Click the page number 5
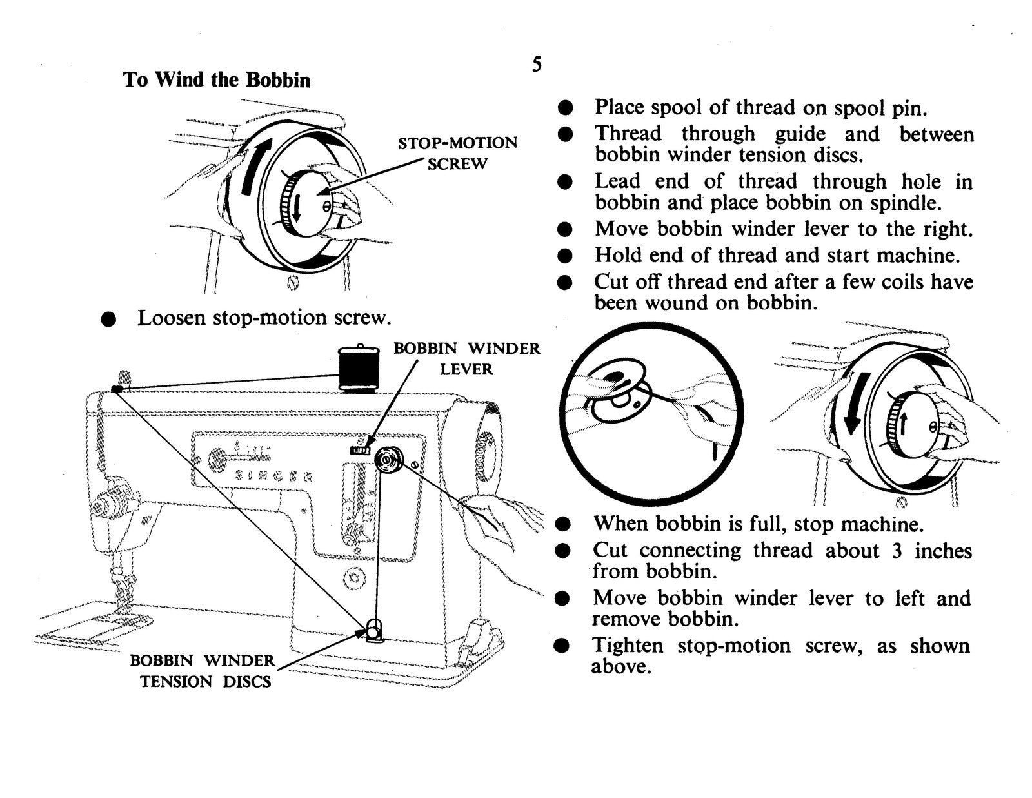click(x=537, y=65)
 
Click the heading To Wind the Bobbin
click(x=217, y=80)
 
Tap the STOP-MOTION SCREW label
click(x=457, y=153)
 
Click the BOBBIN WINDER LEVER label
click(x=466, y=359)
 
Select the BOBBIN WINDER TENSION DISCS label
click(x=203, y=671)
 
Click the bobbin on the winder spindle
click(x=389, y=461)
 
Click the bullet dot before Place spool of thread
click(x=566, y=107)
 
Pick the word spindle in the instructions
click(x=906, y=203)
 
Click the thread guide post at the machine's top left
click(x=124, y=378)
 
